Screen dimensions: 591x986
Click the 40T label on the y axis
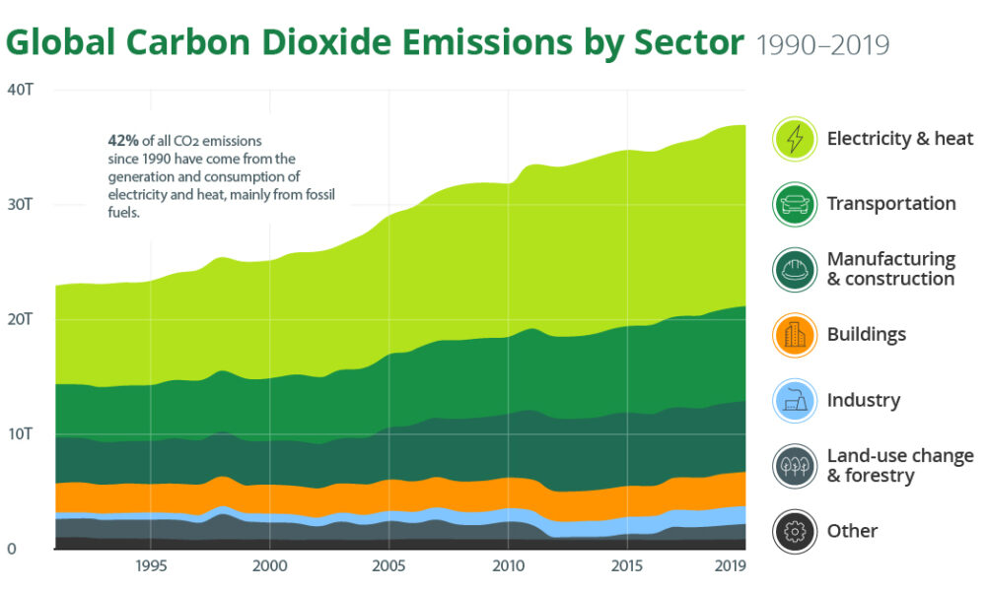(22, 91)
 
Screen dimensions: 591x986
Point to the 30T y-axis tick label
(22, 205)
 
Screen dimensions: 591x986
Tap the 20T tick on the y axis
(22, 319)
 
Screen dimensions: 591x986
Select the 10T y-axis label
(22, 433)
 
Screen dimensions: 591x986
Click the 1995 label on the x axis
(151, 566)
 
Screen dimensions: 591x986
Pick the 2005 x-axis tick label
(388, 566)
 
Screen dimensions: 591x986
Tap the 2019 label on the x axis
(729, 566)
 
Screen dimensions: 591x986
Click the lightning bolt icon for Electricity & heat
(794, 139)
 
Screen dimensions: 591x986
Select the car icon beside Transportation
(794, 205)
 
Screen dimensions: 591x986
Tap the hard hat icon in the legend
(794, 270)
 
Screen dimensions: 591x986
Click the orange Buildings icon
(794, 335)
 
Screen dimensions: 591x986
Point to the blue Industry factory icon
(794, 401)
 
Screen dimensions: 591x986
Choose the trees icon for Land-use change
(794, 466)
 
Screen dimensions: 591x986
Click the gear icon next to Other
(794, 531)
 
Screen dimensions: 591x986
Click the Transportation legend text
(891, 204)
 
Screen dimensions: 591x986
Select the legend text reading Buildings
(866, 335)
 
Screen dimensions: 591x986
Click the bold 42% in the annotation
(123, 141)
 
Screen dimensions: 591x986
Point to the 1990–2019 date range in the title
(822, 45)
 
